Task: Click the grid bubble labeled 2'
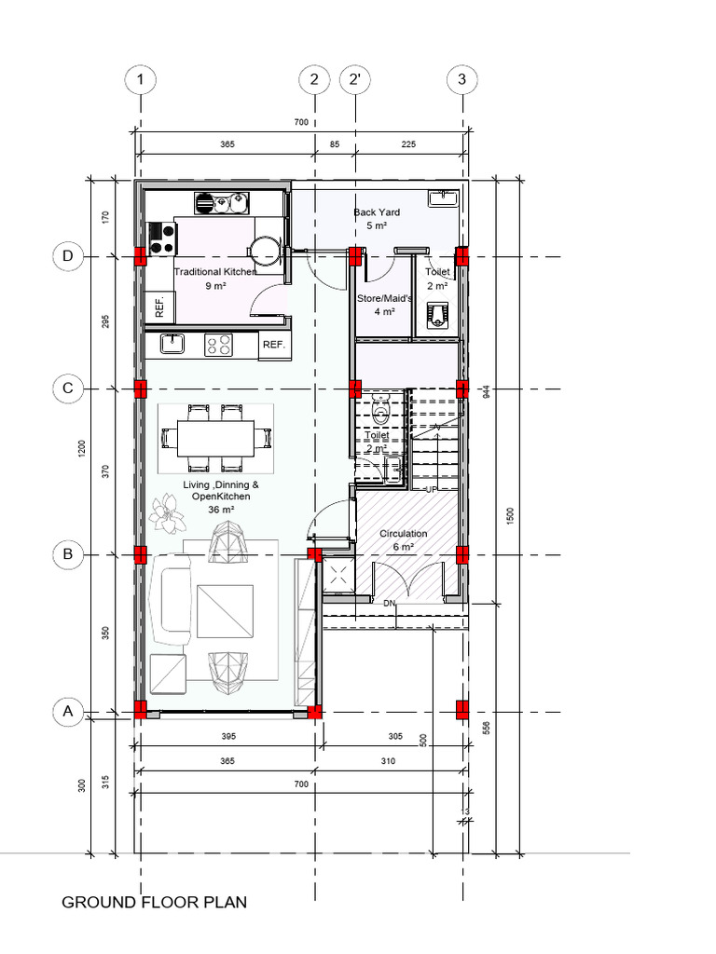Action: click(355, 80)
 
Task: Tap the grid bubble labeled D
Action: click(67, 256)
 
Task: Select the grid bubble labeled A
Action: click(67, 713)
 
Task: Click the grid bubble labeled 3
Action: click(462, 80)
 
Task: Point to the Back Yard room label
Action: click(377, 219)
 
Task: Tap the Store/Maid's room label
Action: click(383, 305)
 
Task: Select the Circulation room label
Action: click(403, 539)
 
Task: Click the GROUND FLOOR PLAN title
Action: click(154, 903)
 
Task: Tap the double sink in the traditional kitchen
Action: click(224, 201)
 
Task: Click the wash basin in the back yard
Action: click(442, 198)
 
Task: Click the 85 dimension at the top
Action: click(335, 144)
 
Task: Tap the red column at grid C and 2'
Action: click(355, 388)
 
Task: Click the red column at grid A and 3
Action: click(462, 709)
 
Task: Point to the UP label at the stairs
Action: click(431, 488)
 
